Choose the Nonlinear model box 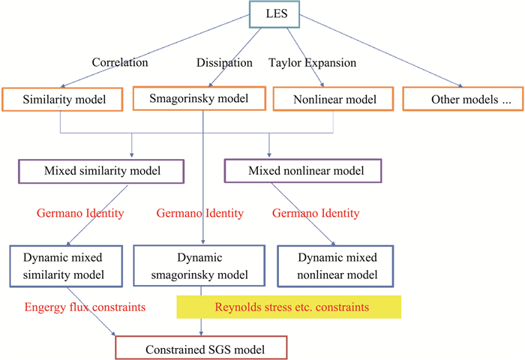(323, 100)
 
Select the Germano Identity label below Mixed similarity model (80, 214)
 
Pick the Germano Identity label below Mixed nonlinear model (315, 214)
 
